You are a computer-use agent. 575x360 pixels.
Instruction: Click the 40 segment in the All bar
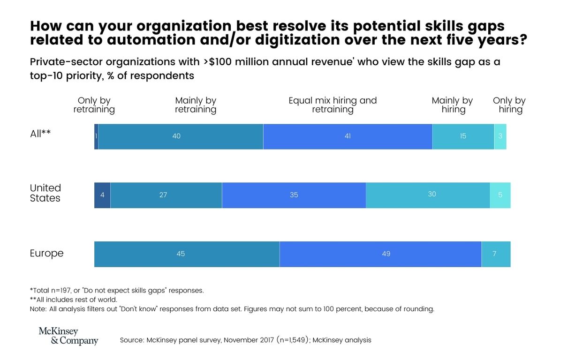pos(181,136)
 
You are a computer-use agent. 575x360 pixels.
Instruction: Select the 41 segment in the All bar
pos(348,136)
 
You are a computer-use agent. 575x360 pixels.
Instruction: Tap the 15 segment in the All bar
pos(463,136)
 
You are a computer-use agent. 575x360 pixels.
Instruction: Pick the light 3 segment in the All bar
pos(500,136)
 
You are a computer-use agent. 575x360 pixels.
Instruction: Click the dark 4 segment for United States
pos(102,195)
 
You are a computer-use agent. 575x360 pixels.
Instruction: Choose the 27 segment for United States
pos(166,195)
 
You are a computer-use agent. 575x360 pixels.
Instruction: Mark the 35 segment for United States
pos(294,195)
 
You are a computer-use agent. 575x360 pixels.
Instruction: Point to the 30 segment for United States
pos(428,195)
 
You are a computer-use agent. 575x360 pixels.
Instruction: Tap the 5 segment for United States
pos(500,195)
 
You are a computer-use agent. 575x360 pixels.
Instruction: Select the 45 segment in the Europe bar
pos(187,254)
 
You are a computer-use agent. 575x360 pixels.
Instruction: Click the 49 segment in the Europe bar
pos(380,254)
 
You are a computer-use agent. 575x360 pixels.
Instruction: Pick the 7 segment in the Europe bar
pos(496,254)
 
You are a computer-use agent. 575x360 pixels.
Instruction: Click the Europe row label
pos(46,254)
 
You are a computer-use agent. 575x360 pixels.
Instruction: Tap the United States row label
pos(45,193)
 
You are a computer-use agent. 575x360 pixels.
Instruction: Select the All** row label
pos(40,134)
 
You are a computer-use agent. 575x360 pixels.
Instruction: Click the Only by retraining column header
pos(94,105)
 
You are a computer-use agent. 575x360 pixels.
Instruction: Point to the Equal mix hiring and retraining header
pos(333,105)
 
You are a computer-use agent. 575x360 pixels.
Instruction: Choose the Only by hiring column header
pos(509,105)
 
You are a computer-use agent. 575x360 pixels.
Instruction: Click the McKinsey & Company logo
pos(68,336)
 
